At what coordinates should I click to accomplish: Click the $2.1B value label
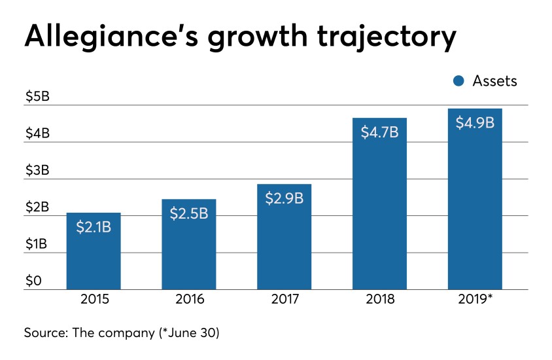94,227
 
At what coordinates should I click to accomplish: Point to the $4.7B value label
379,132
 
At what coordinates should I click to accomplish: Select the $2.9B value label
284,198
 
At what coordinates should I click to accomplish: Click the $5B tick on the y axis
37,97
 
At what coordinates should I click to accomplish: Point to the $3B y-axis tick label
37,171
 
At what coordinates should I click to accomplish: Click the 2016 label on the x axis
189,300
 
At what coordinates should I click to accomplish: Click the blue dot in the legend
458,81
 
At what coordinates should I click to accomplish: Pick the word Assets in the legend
494,81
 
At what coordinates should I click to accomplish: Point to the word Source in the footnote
48,332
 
